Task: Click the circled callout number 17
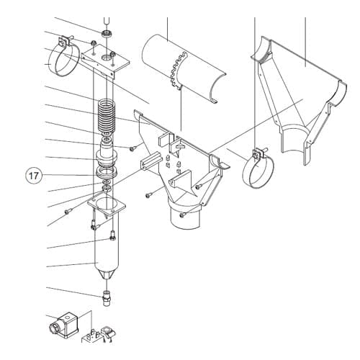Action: point(34,176)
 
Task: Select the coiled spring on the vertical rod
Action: point(107,116)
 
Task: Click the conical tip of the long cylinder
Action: point(107,274)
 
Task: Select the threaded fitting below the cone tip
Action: point(107,297)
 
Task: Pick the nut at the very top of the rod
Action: point(107,34)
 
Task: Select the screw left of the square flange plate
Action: point(67,212)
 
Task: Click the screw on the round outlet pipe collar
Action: point(183,215)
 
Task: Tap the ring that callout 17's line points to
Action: point(107,172)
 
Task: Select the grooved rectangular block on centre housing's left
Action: point(150,161)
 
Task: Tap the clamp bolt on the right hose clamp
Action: point(258,153)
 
